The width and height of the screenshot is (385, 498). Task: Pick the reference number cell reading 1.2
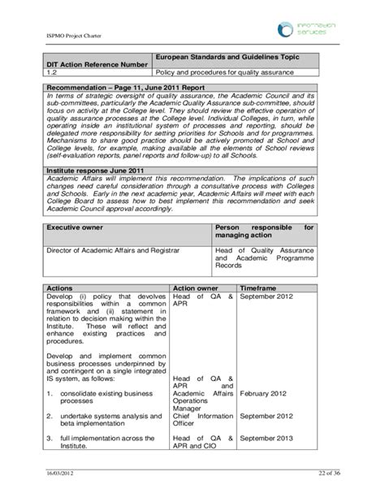(x=53, y=73)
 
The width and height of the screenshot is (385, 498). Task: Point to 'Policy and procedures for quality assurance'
(x=224, y=73)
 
